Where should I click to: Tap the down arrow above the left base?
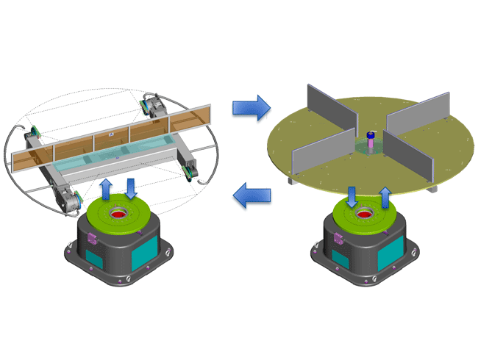[x=132, y=188]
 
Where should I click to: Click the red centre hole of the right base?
[x=365, y=216]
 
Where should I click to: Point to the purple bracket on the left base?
[x=93, y=238]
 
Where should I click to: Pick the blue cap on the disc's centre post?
[x=371, y=135]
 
